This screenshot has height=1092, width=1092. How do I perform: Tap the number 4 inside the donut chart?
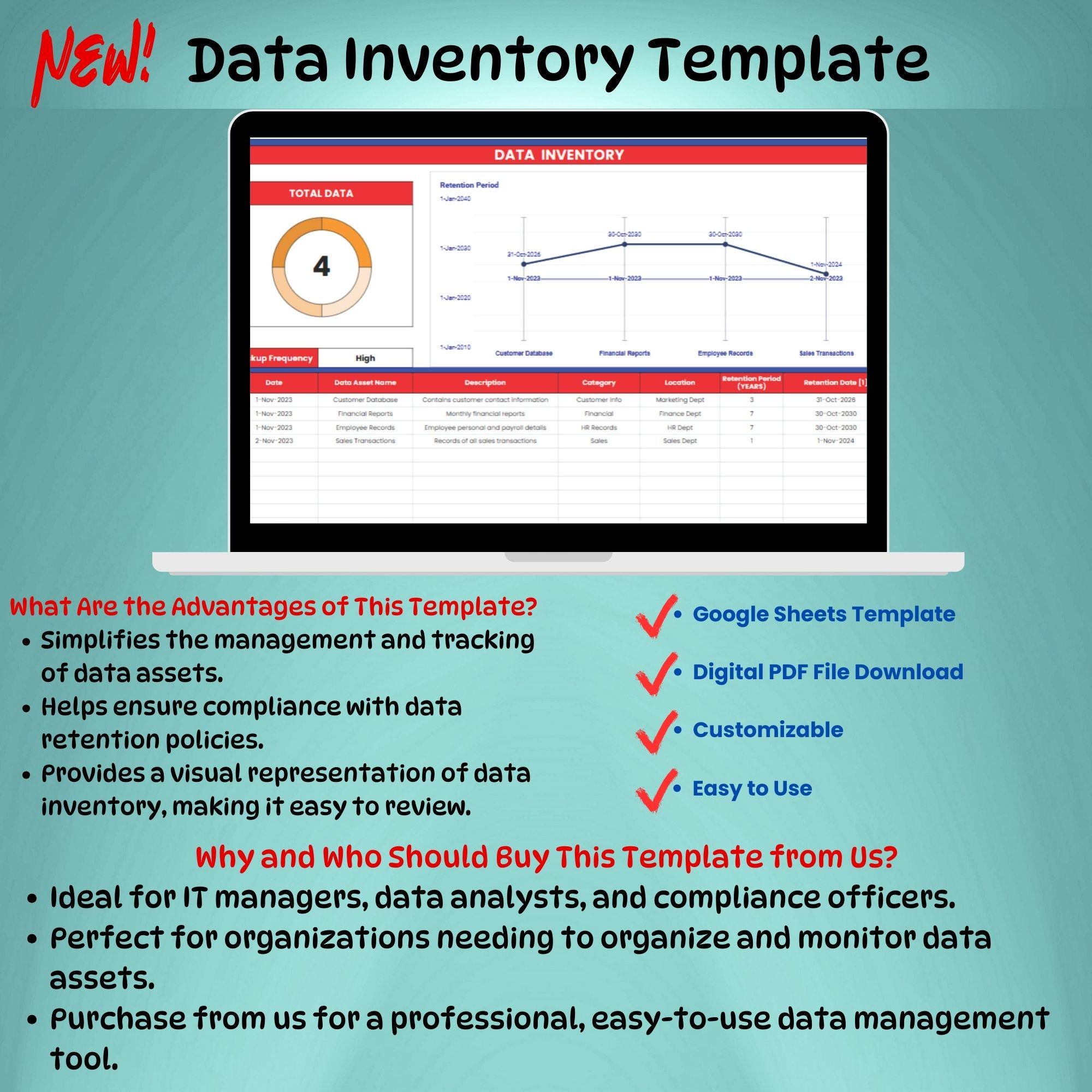coord(321,266)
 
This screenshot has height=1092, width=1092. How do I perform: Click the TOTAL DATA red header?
coord(321,193)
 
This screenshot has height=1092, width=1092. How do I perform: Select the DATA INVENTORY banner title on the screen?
coord(559,155)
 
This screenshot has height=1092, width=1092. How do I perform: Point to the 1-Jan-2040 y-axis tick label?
coord(455,198)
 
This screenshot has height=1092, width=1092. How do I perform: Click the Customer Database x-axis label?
coord(524,353)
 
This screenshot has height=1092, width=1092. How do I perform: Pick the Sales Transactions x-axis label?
coord(826,353)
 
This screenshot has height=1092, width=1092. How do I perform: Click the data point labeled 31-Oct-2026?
coord(524,264)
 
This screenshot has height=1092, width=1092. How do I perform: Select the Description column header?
coord(485,383)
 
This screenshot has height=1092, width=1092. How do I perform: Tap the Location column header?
coord(679,383)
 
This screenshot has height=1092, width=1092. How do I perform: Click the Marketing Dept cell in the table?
coord(679,400)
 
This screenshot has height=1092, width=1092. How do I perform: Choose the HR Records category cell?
coord(598,428)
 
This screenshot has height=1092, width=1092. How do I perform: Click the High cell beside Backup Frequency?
coord(365,358)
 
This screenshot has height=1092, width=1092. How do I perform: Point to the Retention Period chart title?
coord(469,185)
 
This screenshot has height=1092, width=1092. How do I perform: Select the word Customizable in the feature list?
coord(768,729)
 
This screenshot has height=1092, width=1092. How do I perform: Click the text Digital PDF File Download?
coord(828,672)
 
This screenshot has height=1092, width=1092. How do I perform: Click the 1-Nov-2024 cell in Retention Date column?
coord(835,441)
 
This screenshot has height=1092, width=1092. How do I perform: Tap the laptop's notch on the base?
coord(558,557)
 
